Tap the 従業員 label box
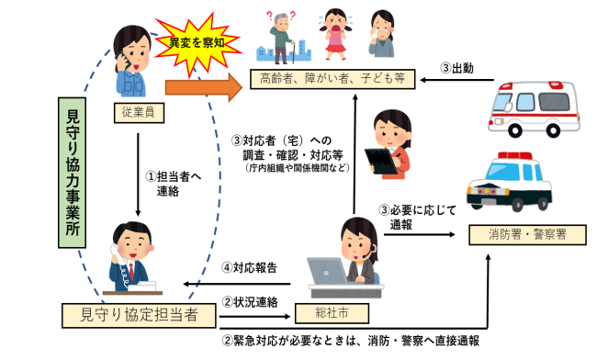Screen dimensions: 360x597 click(x=136, y=112)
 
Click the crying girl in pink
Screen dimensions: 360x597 click(x=332, y=34)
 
